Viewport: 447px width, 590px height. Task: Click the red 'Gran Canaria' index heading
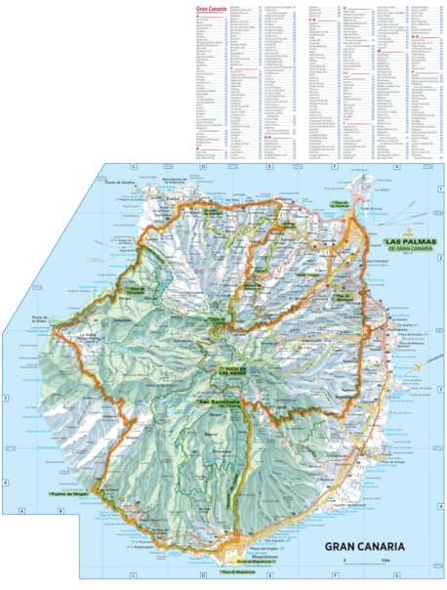[x=212, y=9]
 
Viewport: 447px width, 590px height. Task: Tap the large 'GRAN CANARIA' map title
[x=368, y=546]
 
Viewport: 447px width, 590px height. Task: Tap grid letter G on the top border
[x=397, y=167]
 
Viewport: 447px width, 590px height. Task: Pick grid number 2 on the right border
[x=441, y=257]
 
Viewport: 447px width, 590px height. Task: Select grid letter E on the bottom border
[x=267, y=575]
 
